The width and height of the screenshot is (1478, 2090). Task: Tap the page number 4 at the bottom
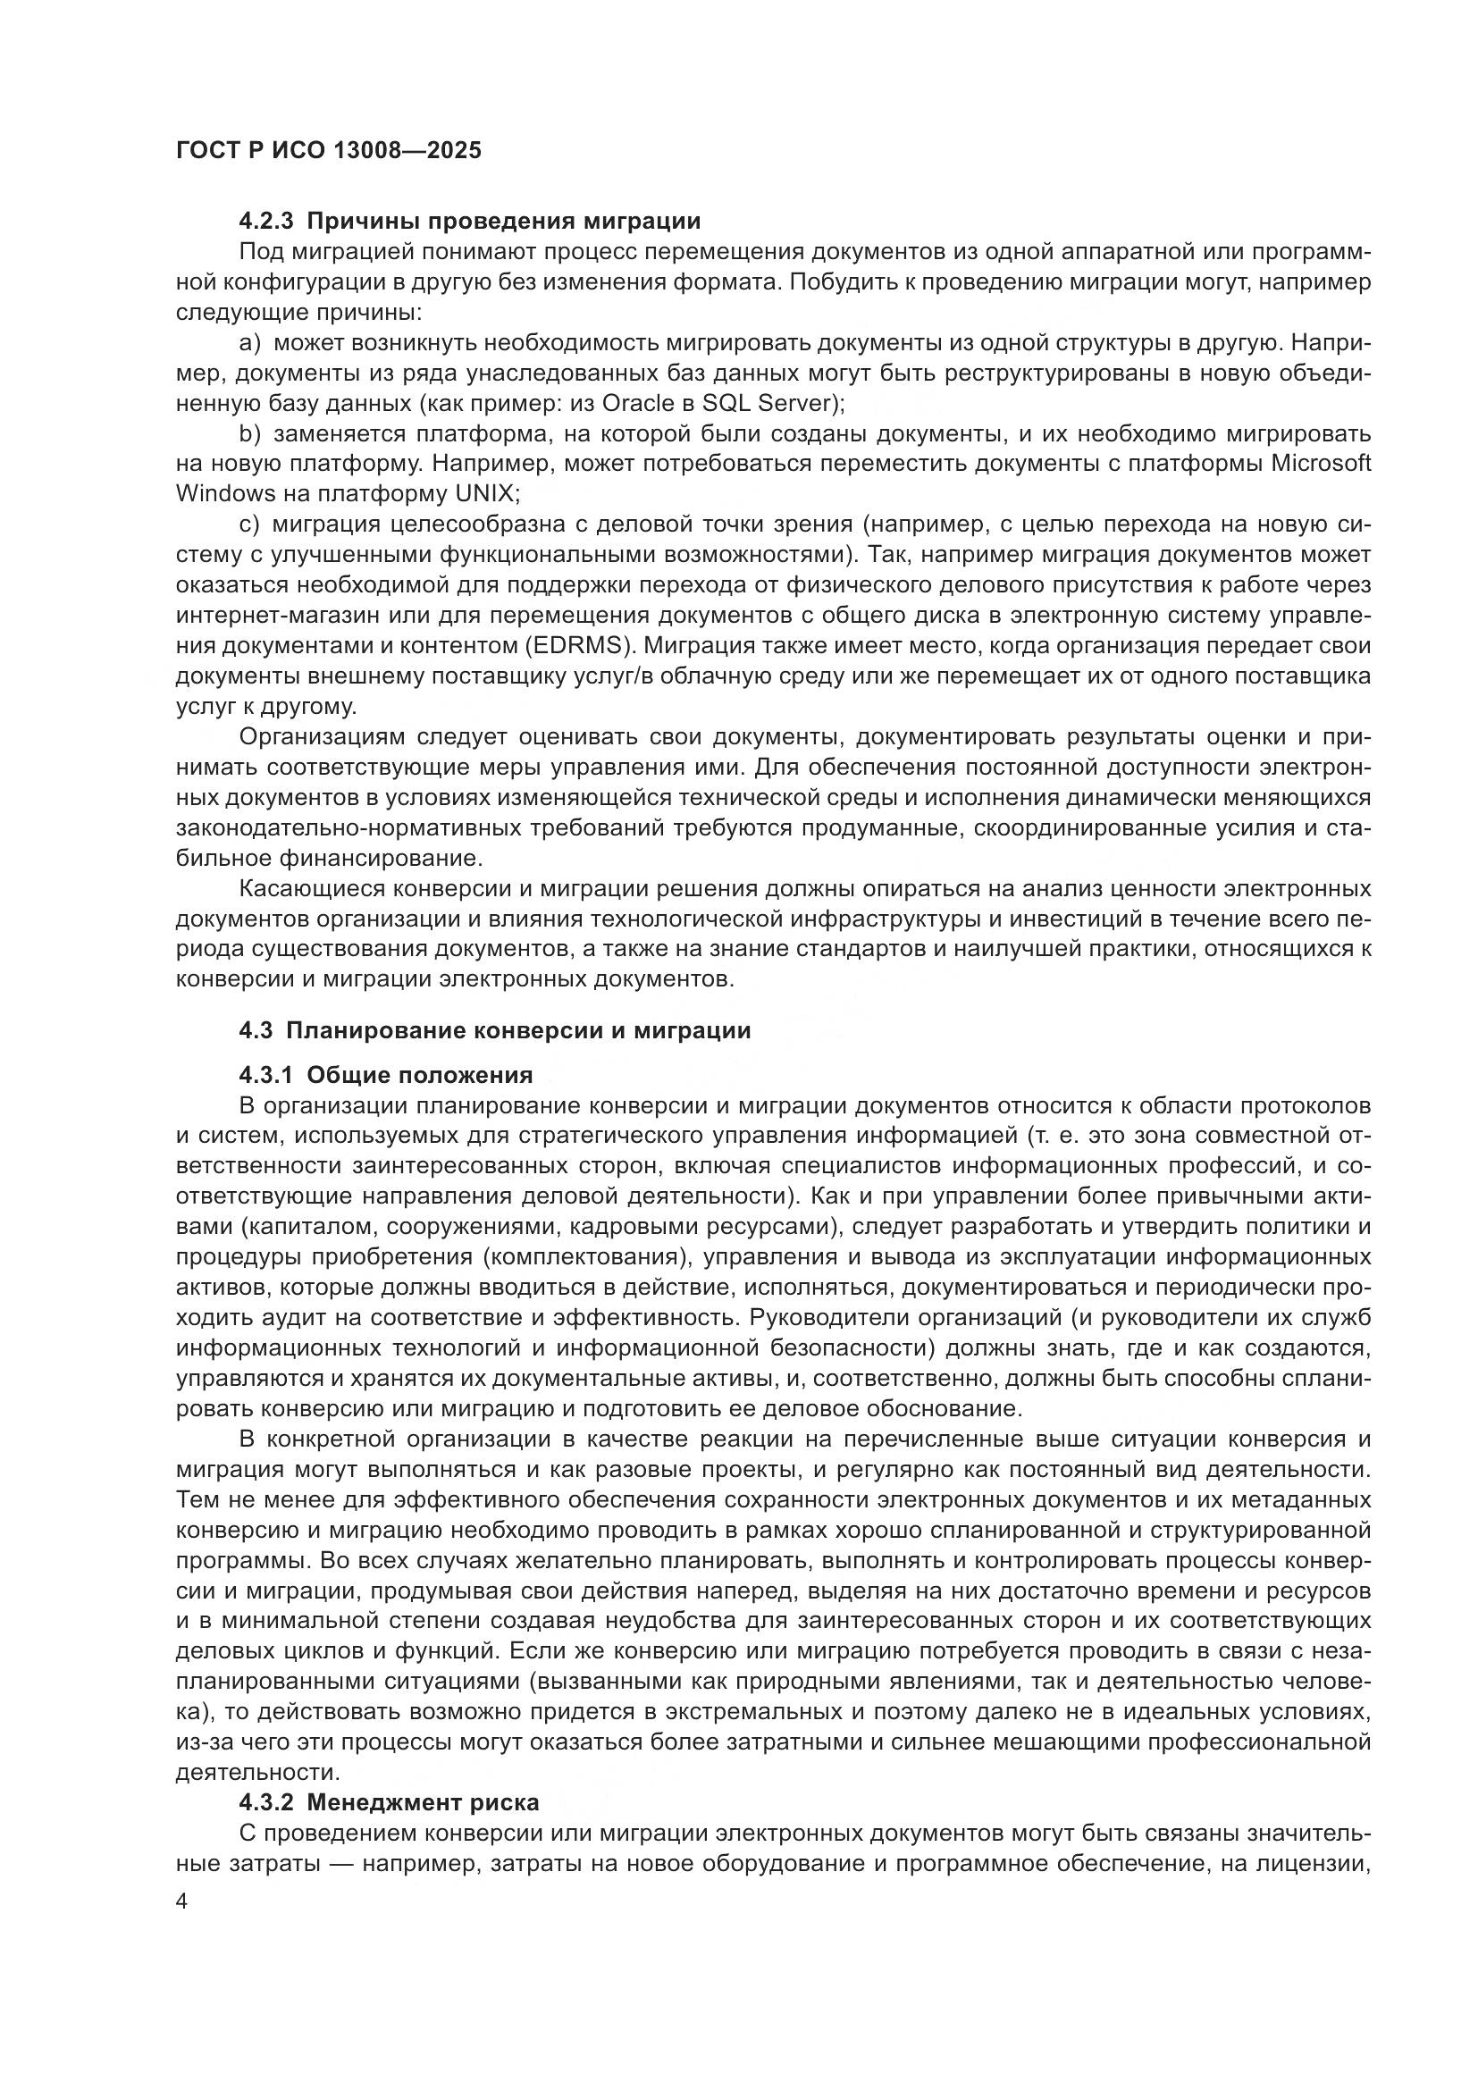182,1902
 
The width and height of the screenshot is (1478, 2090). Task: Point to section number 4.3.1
265,1076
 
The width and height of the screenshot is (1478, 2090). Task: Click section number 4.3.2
265,1803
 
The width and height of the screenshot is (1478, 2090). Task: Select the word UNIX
484,494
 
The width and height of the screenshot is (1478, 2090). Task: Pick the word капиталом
303,1227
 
